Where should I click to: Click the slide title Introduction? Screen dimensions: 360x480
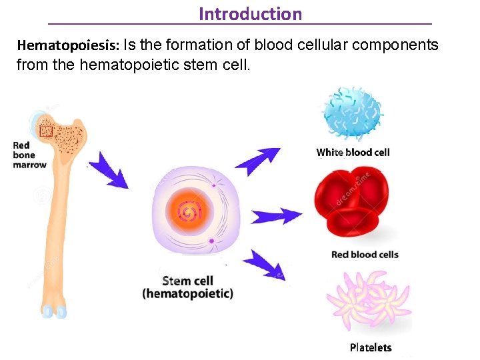250,13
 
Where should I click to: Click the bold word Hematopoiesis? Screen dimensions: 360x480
67,46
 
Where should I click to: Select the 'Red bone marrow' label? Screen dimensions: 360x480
29,155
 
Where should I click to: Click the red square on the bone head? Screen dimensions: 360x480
45,131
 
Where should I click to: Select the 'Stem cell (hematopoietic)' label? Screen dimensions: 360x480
187,287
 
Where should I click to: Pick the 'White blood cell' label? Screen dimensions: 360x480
353,152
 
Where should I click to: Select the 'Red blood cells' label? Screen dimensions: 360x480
365,254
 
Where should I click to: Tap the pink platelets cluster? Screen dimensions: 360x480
367,301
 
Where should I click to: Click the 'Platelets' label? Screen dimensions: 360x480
371,347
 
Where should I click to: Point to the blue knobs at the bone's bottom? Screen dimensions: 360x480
53,311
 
